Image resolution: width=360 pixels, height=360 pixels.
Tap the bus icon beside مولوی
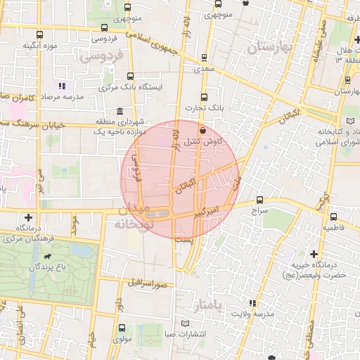[122, 328]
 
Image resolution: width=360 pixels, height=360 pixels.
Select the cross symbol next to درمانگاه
[28, 218]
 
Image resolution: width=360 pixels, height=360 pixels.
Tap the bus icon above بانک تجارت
[204, 97]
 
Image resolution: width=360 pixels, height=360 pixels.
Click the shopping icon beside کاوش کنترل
[203, 130]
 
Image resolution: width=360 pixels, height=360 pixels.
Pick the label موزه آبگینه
[39, 46]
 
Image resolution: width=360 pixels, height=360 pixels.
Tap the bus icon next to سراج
[260, 200]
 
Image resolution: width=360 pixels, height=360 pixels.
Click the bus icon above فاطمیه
[333, 217]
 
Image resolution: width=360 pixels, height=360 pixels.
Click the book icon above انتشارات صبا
[186, 323]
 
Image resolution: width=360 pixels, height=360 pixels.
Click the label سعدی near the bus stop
[204, 70]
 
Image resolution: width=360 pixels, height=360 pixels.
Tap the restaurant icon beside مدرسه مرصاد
[62, 86]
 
